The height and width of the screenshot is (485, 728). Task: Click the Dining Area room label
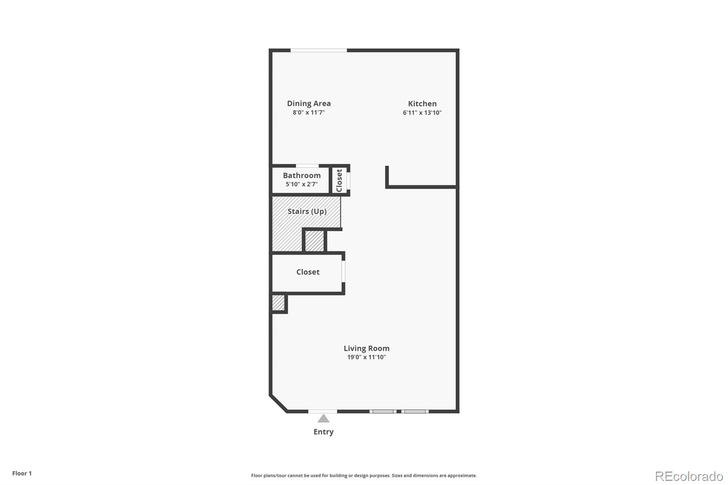tap(309, 103)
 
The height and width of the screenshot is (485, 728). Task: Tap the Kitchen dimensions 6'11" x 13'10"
tap(422, 112)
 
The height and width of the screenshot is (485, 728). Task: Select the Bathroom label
tap(302, 175)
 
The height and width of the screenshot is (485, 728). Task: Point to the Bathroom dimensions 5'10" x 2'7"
tap(302, 184)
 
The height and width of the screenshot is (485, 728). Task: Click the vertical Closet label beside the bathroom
tap(339, 181)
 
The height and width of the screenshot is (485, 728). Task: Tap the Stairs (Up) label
tap(307, 211)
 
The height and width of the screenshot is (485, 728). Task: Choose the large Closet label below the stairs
tap(308, 272)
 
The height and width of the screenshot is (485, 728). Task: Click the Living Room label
tap(367, 348)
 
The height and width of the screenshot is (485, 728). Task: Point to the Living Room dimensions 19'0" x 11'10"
tap(367, 357)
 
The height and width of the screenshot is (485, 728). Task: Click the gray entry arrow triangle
tap(324, 419)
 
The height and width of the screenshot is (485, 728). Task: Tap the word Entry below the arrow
tap(324, 432)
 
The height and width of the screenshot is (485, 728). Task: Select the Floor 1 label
tap(22, 473)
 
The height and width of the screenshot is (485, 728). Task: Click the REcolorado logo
tap(689, 476)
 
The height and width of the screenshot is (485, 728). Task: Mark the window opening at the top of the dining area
tap(318, 51)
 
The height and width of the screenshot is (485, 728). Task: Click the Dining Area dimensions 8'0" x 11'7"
tap(309, 112)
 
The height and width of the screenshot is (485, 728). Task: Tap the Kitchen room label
tap(422, 104)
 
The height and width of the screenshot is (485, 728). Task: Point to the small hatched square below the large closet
tap(278, 303)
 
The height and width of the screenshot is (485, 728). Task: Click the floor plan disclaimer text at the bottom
tap(364, 475)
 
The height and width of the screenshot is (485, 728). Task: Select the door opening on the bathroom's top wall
tap(307, 166)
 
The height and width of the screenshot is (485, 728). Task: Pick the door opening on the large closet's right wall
tap(343, 271)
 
